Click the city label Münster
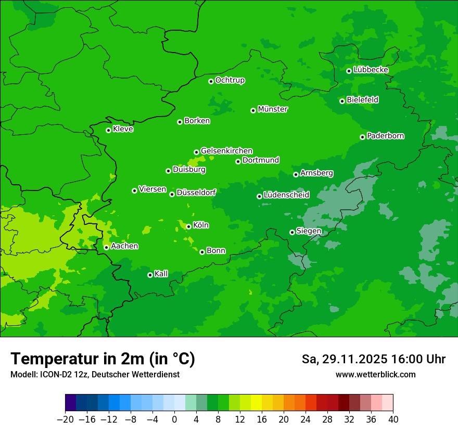[x=273, y=109]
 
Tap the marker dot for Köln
[x=188, y=226]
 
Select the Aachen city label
[x=124, y=246]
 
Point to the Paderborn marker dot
[x=362, y=137]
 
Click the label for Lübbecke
[x=371, y=70]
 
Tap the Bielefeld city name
[x=362, y=100]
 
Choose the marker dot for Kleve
[x=108, y=130]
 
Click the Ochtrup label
[x=230, y=80]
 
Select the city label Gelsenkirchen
[x=226, y=151]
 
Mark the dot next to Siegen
[x=292, y=232]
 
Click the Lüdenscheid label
[x=286, y=195]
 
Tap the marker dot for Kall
[x=150, y=275]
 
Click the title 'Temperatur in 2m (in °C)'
[x=103, y=359]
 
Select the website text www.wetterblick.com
[x=375, y=375]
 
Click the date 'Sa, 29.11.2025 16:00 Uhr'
[x=373, y=359]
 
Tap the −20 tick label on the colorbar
[x=65, y=420]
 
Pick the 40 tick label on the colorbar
[x=393, y=420]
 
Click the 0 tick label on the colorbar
[x=174, y=420]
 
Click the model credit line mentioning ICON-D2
[x=95, y=375]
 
